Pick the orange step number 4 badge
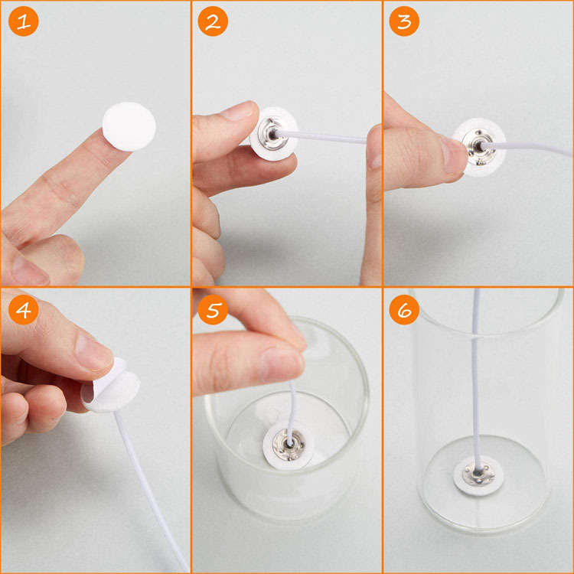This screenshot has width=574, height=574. [24, 310]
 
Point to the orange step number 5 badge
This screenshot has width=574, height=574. [213, 310]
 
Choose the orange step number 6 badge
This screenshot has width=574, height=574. [404, 310]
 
